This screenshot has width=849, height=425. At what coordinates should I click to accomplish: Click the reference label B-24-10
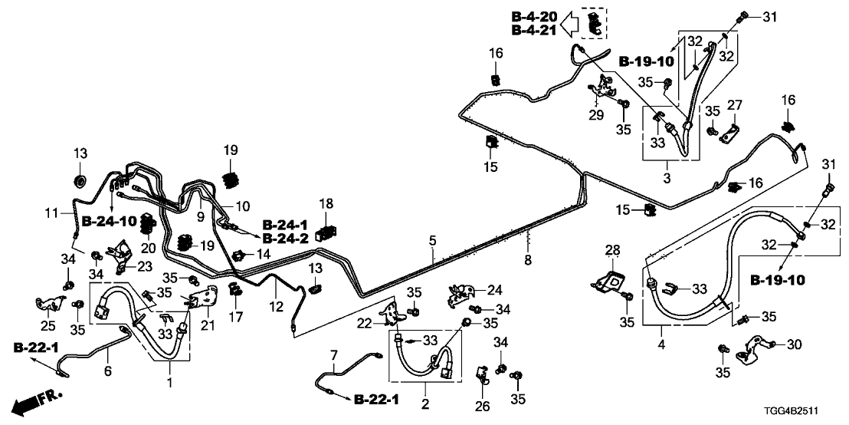109,221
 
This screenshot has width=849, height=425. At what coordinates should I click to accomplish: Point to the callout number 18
327,203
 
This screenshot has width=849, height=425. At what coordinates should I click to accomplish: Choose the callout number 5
433,241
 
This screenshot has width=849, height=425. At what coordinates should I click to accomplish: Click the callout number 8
527,261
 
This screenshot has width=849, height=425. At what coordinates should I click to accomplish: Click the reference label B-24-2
286,239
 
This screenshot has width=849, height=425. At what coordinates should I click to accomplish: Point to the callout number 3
666,179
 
